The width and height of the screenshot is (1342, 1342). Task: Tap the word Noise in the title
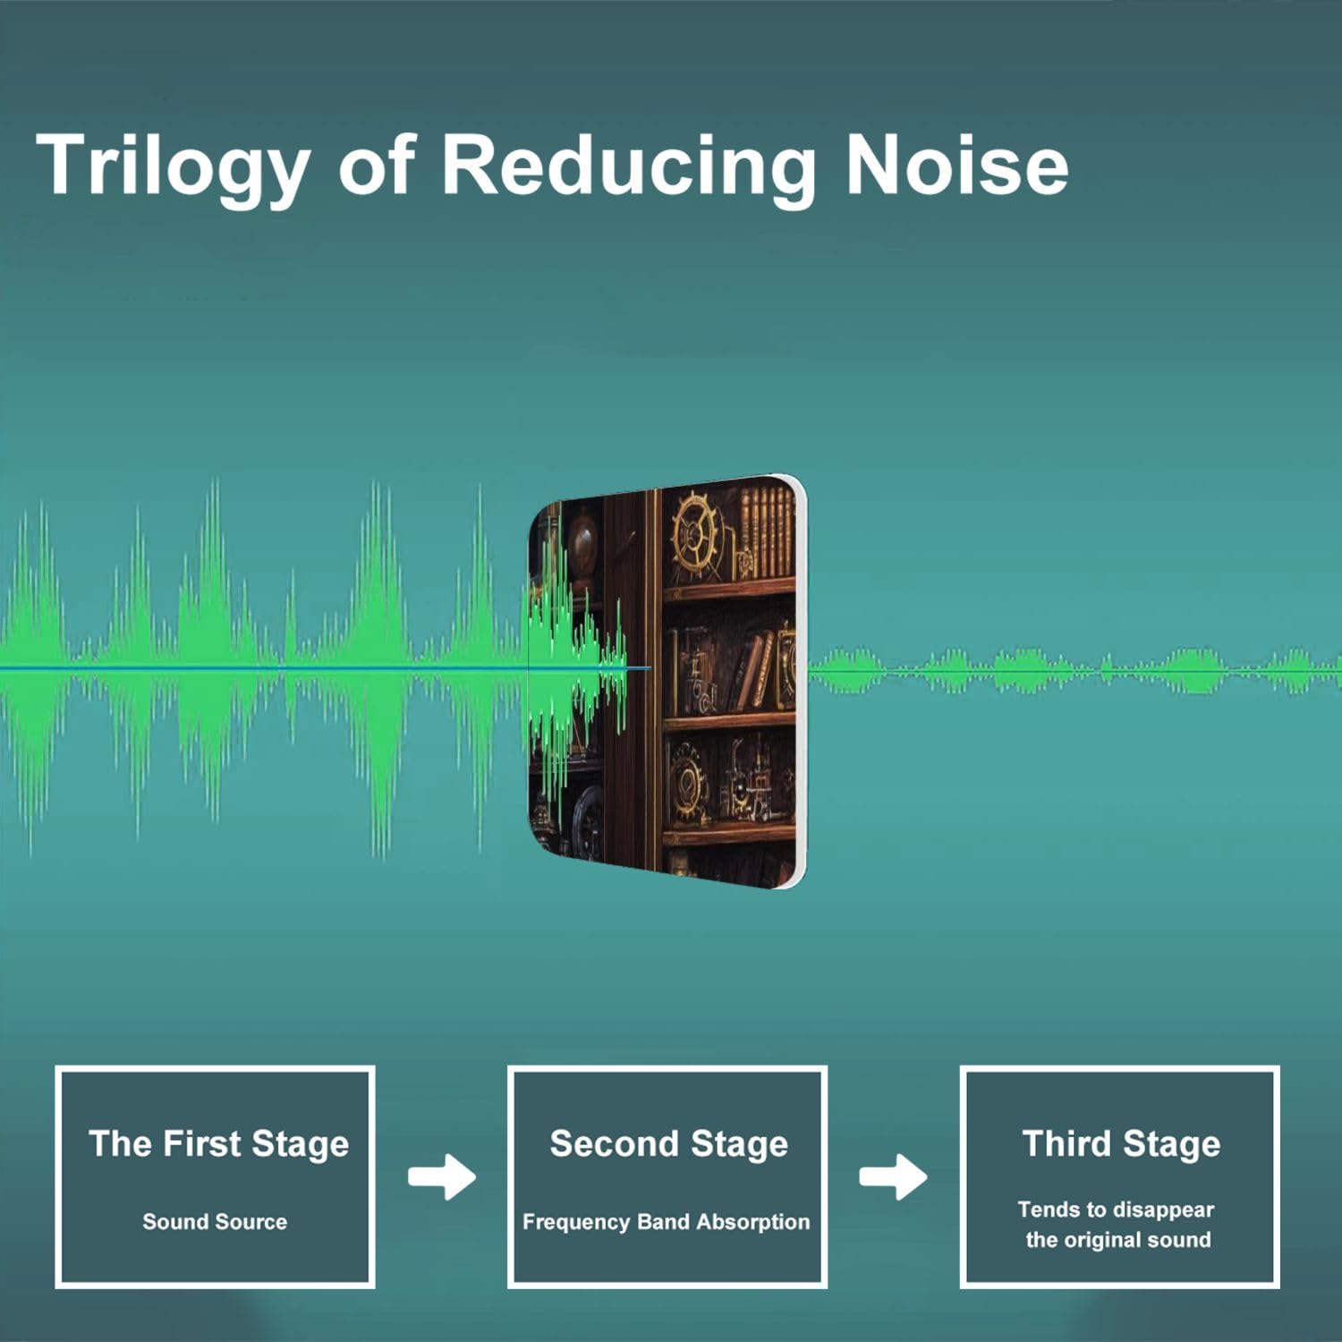pyautogui.click(x=956, y=165)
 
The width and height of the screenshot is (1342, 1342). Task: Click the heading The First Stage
pyautogui.click(x=218, y=1144)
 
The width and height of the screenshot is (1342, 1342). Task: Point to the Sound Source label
pyautogui.click(x=215, y=1221)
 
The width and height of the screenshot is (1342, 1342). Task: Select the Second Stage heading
pyautogui.click(x=668, y=1144)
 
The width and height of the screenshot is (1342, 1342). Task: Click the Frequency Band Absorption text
pyautogui.click(x=666, y=1222)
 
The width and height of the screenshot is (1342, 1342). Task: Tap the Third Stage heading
pyautogui.click(x=1121, y=1144)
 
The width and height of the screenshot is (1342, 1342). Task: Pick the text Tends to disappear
pyautogui.click(x=1116, y=1210)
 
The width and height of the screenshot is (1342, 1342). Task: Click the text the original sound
pyautogui.click(x=1118, y=1240)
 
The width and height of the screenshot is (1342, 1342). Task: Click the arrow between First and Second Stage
pyautogui.click(x=442, y=1177)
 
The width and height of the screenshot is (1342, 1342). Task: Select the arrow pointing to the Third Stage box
pyautogui.click(x=893, y=1177)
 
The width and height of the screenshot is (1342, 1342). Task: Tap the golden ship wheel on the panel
pyautogui.click(x=696, y=535)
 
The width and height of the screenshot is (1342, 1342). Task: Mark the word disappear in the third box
pyautogui.click(x=1164, y=1210)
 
